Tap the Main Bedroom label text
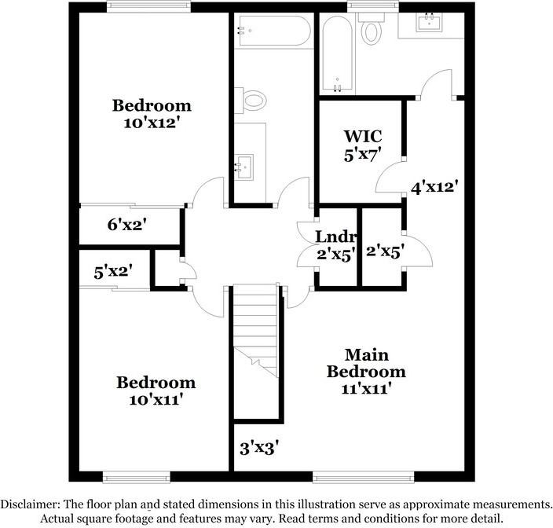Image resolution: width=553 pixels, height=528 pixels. coord(366,363)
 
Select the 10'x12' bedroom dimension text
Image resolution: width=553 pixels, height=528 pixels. coord(152,123)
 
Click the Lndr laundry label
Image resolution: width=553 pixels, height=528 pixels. coord(337,236)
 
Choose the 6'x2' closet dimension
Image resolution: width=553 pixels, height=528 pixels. coord(127,225)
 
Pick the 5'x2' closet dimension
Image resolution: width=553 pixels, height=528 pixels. coord(113,271)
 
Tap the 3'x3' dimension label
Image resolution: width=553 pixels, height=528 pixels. coord(260,449)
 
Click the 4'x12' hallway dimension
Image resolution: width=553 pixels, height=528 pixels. coord(434,187)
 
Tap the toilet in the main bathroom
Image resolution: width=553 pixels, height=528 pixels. coord(370,32)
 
